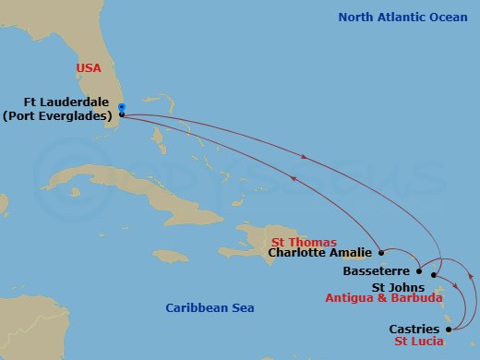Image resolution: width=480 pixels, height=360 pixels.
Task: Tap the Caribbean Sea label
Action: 210,307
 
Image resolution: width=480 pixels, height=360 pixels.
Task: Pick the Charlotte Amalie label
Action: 318,252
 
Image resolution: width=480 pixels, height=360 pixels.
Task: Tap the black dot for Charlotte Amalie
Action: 381,251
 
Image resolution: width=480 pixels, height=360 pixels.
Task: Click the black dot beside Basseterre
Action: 419,271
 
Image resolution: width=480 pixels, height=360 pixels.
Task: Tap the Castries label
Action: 414,329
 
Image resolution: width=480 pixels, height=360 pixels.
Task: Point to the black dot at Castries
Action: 450,328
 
